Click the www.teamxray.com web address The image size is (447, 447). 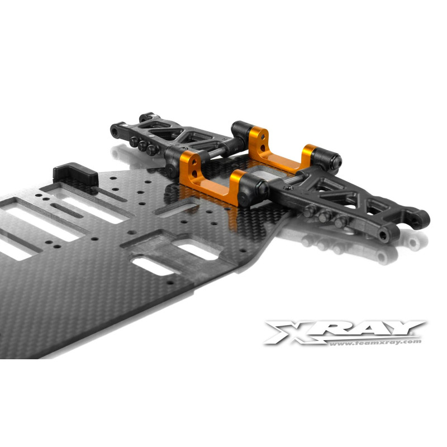[x=375, y=343]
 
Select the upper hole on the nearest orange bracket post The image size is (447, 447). [x=194, y=162]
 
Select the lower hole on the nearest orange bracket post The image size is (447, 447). [x=194, y=173]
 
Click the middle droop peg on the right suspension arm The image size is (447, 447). [x=325, y=217]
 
